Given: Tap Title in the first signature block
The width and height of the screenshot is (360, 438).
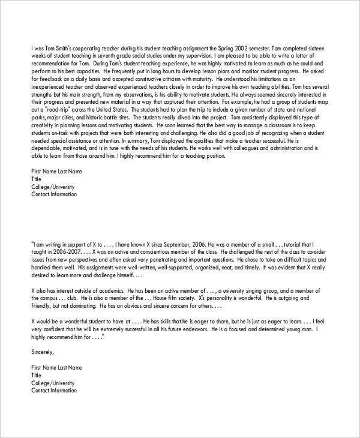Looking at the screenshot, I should coord(37,179).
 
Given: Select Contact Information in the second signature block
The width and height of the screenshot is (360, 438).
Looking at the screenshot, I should coord(54,391).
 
